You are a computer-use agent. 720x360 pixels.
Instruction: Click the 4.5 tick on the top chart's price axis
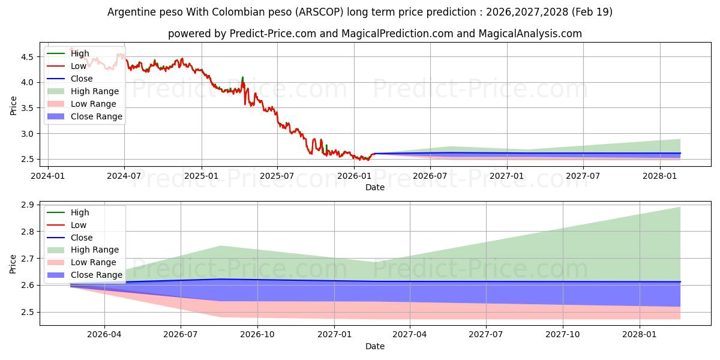27,57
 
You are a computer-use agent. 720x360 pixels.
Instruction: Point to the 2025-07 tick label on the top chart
277,176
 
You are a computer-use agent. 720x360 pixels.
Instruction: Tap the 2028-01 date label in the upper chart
660,176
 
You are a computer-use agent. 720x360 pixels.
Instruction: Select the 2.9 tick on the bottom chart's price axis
27,205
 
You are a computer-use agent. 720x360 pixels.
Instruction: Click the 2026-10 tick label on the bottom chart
257,335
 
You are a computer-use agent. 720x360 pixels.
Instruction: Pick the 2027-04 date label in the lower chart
410,335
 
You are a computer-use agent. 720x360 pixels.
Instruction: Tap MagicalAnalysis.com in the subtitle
530,34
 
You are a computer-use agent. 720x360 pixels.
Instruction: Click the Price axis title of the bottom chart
13,264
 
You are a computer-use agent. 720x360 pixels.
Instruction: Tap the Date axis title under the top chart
375,187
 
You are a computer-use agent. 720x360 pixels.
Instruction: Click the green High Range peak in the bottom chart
221,246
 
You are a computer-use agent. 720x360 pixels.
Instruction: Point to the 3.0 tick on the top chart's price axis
27,134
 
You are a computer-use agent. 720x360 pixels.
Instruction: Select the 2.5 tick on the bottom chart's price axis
27,312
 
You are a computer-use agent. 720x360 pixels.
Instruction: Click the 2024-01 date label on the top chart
48,176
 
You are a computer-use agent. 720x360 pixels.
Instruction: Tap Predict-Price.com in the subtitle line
272,34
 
